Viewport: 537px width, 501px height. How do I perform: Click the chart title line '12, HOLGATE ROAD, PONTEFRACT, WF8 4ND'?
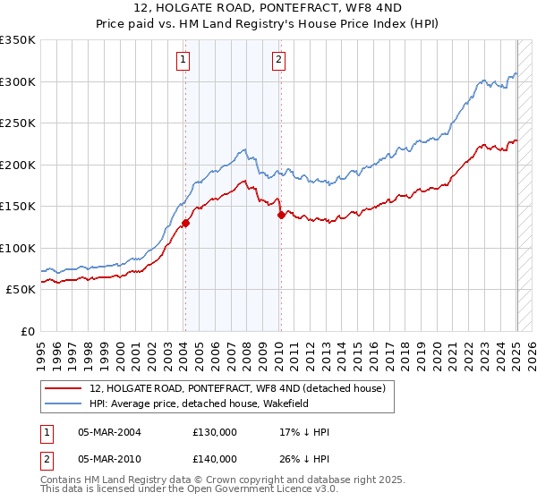268,9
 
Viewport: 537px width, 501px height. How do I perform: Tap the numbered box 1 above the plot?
183,60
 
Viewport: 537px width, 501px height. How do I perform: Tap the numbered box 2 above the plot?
279,60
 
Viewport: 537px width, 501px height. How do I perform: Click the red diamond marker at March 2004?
185,223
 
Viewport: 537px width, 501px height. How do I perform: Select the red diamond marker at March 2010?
281,215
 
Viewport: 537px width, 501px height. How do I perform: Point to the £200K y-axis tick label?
18,165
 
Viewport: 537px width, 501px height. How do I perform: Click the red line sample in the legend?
63,388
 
